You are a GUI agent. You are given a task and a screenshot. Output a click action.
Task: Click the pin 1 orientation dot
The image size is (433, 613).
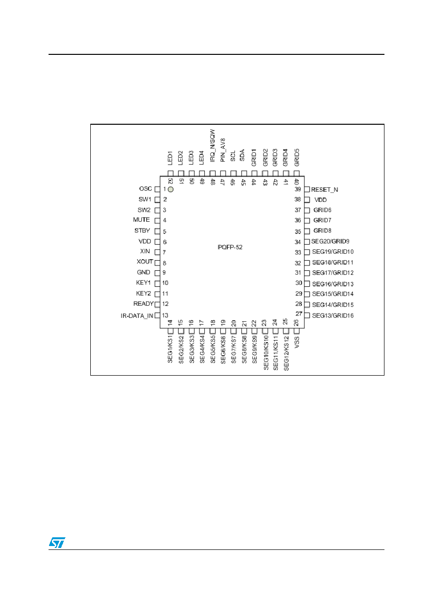click(170, 189)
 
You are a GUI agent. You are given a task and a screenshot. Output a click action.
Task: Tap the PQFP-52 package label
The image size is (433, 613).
click(230, 247)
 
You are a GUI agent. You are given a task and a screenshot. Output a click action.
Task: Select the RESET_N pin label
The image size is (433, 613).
click(324, 190)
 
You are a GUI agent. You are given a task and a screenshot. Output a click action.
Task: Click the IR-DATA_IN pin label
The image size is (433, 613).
click(137, 316)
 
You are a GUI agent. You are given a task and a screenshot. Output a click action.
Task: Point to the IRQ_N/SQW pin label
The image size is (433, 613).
click(213, 146)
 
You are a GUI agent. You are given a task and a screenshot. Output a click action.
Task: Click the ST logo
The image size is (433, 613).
click(57, 543)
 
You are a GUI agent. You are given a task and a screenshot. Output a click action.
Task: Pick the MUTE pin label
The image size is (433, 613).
click(141, 220)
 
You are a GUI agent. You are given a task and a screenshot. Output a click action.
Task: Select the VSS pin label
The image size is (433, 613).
click(297, 342)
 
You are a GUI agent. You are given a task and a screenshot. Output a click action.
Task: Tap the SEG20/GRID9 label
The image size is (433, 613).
click(330, 241)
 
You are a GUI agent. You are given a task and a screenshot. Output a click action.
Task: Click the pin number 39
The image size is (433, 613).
click(298, 189)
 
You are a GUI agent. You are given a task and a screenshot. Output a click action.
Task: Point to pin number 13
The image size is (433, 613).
click(165, 315)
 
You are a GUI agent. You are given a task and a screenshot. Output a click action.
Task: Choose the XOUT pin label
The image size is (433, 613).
click(145, 262)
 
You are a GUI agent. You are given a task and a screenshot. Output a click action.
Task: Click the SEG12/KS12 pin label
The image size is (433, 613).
click(286, 353)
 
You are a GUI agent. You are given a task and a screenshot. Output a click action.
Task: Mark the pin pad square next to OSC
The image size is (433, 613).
click(157, 189)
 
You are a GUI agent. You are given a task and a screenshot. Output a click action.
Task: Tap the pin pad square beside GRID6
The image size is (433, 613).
click(307, 210)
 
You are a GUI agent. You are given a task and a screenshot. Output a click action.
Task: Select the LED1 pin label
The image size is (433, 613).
click(170, 158)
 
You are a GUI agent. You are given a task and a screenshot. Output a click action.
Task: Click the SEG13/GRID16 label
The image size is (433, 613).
click(333, 315)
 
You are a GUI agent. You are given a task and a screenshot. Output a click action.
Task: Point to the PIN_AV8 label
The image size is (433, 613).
click(223, 150)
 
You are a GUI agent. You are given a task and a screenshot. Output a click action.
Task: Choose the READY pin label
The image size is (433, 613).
click(143, 304)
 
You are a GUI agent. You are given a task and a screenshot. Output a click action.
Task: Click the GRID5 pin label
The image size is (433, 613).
click(297, 157)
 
